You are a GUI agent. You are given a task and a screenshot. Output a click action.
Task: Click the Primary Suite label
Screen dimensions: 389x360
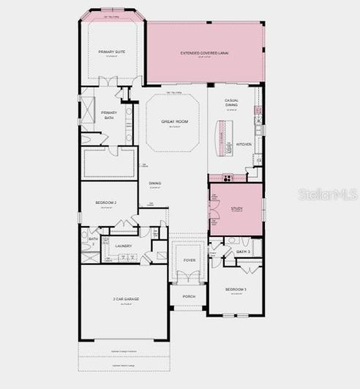point(112,52)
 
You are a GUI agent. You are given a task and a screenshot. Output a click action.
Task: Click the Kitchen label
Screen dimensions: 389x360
point(243,144)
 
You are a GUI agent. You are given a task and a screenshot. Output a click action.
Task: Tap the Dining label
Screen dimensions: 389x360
point(155,183)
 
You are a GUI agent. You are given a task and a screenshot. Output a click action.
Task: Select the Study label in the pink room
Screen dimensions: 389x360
point(236,209)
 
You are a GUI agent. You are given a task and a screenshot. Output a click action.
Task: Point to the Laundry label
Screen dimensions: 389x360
point(124,246)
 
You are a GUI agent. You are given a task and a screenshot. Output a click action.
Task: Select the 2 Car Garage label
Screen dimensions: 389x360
point(126,299)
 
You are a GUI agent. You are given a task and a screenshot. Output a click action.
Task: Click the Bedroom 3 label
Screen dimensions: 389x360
point(235,290)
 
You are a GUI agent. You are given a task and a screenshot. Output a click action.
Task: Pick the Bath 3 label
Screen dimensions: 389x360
point(244,252)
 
